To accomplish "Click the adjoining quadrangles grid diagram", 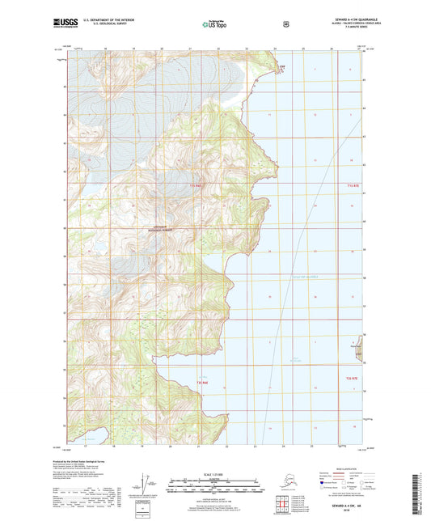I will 283,506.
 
